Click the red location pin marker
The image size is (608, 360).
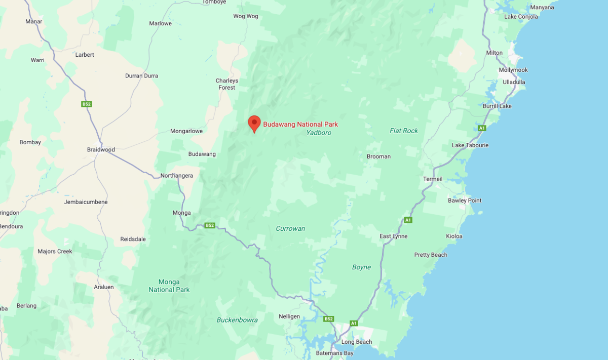point(254,123)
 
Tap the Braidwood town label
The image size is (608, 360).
point(101,149)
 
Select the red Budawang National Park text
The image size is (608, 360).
point(300,124)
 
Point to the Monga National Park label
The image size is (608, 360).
point(169,286)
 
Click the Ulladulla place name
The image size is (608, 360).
point(514,82)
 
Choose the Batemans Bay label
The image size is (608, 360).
point(336,353)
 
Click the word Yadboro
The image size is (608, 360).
point(319,133)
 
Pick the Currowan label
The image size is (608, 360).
point(290,228)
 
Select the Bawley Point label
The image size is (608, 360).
point(465,201)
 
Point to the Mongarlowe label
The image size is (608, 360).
point(186,131)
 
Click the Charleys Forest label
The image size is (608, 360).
point(226,84)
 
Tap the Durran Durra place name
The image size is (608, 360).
point(141,75)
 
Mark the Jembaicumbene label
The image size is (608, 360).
point(86,202)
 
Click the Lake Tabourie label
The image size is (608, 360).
point(471,146)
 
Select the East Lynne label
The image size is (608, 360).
point(393,236)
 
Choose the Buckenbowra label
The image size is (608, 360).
point(237,319)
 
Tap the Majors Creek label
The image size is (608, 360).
point(55,251)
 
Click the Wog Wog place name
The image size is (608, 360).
point(245,16)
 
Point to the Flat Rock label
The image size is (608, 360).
point(404,131)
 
